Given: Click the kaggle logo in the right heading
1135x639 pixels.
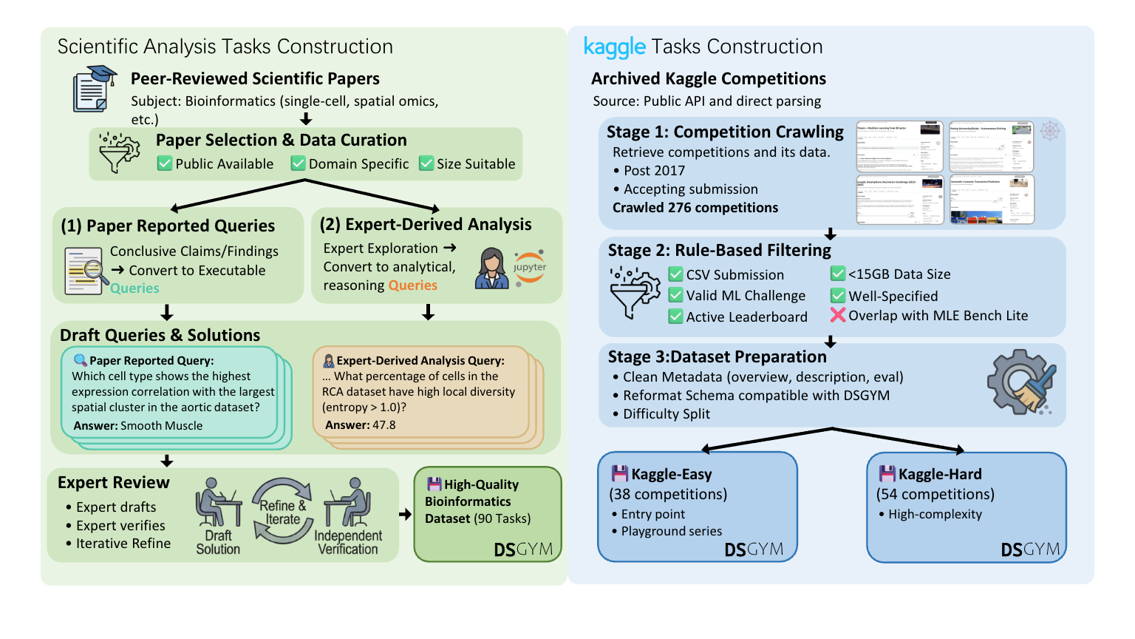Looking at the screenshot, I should [x=614, y=47].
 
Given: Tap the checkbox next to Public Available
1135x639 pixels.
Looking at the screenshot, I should [x=165, y=163].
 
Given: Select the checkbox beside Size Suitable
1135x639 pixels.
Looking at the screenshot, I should [x=426, y=163].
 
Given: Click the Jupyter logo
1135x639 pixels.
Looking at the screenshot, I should [x=530, y=267].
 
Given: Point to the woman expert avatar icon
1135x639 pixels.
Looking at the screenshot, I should [x=491, y=268].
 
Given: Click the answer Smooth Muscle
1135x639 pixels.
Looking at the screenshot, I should [x=161, y=426].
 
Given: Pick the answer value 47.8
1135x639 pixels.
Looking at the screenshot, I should [x=384, y=425].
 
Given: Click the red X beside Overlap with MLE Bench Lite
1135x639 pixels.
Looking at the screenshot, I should [x=838, y=316].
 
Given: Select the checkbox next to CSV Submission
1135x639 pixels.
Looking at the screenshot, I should [x=675, y=274].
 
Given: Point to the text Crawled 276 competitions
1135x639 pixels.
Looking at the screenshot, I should [x=695, y=208].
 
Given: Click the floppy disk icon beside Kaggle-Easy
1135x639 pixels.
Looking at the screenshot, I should [x=620, y=474].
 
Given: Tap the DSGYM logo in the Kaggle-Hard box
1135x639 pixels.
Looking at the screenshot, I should [x=1030, y=550].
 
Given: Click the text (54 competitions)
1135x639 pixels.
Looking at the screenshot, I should [x=935, y=494].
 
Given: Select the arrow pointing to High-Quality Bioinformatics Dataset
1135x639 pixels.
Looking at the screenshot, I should [x=405, y=514].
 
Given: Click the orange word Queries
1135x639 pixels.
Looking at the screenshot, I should [x=412, y=285].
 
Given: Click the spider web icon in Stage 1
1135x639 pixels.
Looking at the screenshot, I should [x=1050, y=132].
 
